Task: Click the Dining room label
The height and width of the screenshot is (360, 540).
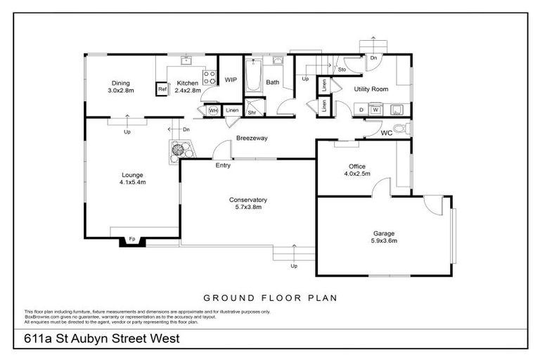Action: [120, 82]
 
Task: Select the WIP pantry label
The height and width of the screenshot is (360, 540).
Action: [230, 80]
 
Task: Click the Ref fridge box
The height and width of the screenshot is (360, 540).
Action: [162, 89]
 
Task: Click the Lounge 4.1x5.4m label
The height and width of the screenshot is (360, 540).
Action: [132, 175]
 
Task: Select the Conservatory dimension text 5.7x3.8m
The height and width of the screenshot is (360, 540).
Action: [247, 208]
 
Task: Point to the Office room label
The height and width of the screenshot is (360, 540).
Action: [357, 167]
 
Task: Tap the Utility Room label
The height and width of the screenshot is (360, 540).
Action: [371, 89]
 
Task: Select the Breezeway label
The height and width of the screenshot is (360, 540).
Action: [252, 138]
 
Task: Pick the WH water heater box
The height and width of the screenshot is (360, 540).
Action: [212, 110]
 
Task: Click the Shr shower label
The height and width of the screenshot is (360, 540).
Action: [252, 112]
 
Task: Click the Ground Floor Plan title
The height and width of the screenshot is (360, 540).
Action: [270, 298]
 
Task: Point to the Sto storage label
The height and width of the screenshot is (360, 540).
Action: [342, 70]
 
